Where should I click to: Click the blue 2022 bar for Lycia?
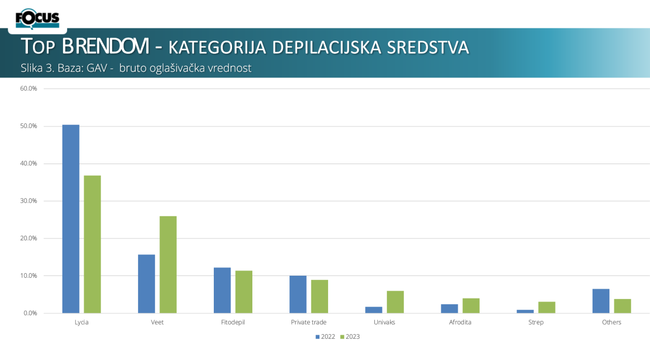[71, 219]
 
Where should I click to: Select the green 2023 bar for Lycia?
[92, 244]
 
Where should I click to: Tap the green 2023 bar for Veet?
[168, 265]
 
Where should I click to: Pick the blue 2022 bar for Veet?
[147, 284]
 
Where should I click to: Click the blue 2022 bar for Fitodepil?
[222, 290]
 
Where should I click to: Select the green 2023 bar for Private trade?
[319, 297]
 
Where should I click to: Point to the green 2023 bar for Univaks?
[395, 302]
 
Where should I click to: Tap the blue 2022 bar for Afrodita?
[449, 309]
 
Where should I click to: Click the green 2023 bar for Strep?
[547, 308]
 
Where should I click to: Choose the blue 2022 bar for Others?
[601, 301]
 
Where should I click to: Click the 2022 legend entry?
[326, 337]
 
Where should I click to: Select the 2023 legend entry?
[350, 337]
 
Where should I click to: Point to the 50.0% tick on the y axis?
[28, 126]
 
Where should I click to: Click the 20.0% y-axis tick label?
[28, 238]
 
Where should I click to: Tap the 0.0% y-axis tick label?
[30, 313]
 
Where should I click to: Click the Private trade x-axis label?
[309, 322]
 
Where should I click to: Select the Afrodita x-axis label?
[460, 322]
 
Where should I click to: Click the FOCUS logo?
[38, 19]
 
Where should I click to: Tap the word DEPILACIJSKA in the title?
[327, 48]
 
